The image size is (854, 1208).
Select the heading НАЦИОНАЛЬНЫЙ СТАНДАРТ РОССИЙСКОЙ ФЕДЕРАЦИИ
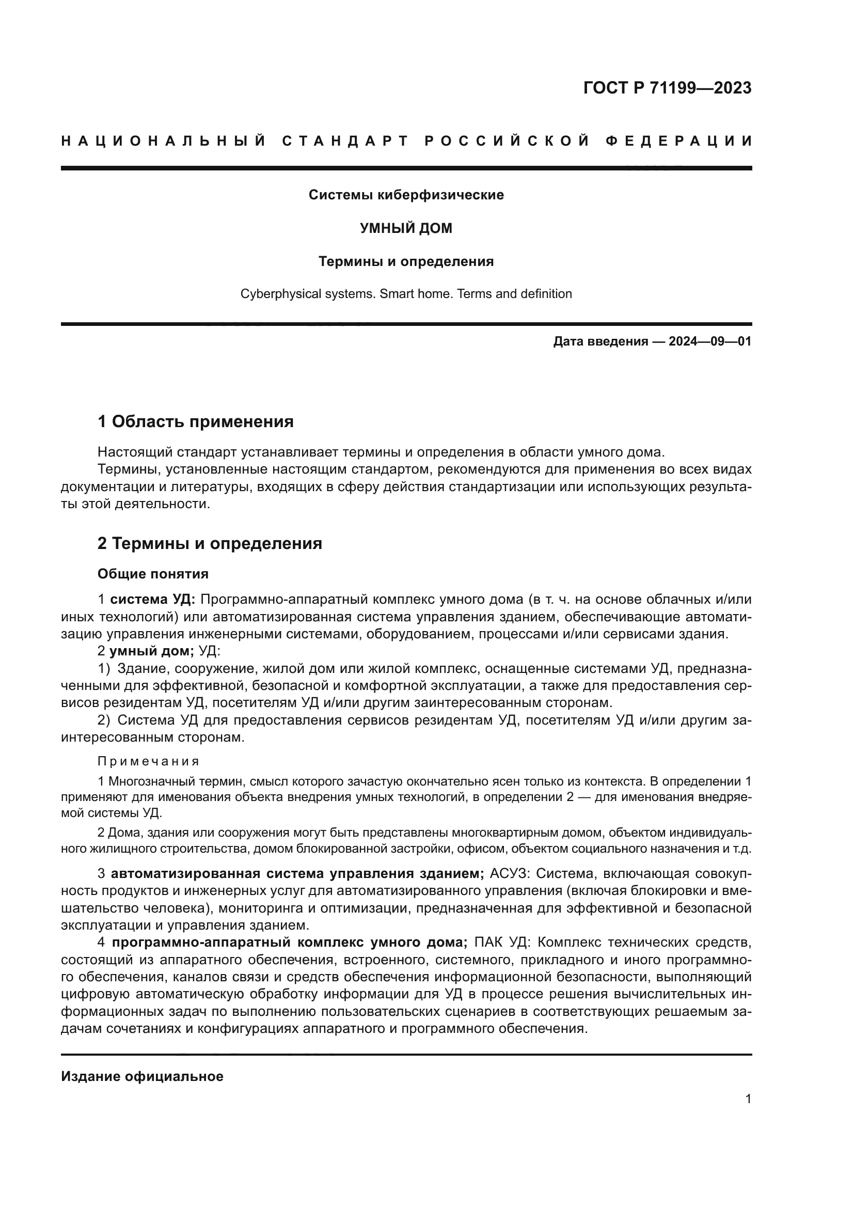[x=406, y=141]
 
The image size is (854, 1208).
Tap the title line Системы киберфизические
[x=406, y=195]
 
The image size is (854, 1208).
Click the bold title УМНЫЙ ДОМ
[x=406, y=228]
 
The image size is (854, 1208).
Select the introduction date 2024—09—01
[x=709, y=341]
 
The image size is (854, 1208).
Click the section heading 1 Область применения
[x=195, y=421]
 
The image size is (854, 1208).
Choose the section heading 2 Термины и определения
[x=209, y=543]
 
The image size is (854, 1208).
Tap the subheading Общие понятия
[x=153, y=574]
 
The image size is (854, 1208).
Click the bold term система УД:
[x=152, y=599]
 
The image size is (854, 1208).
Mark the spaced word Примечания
[x=149, y=761]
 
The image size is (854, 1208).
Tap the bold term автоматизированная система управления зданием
[x=297, y=873]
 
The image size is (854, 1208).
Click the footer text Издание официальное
[x=142, y=1076]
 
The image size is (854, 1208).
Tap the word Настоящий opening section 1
[x=135, y=452]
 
